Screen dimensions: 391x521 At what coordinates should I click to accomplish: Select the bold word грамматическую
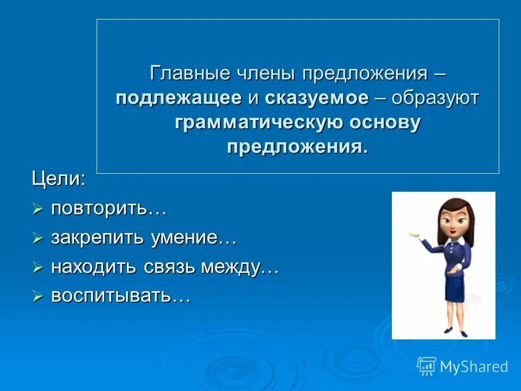[x=258, y=123]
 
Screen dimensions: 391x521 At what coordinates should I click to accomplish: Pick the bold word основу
[x=385, y=123]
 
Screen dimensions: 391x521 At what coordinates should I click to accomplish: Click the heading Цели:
[x=58, y=179]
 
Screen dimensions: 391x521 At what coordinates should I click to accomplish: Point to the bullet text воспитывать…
[x=120, y=296]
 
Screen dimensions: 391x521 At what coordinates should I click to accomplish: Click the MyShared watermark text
[x=474, y=367]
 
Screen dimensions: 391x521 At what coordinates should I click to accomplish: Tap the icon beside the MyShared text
[x=427, y=367]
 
